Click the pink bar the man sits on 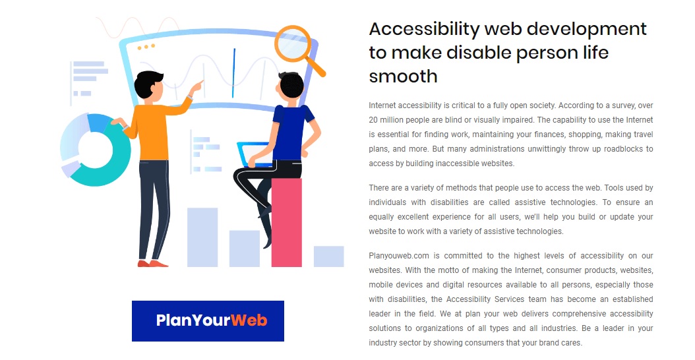coord(287,223)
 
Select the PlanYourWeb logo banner coord(208,321)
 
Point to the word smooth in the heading coord(403,76)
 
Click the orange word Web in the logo coord(249,321)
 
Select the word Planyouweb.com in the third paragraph coord(399,256)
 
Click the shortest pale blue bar coord(328,256)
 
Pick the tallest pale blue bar coord(202,237)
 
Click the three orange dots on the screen coord(146,47)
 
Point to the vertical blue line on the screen coord(233,73)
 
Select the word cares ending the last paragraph coord(570,343)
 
